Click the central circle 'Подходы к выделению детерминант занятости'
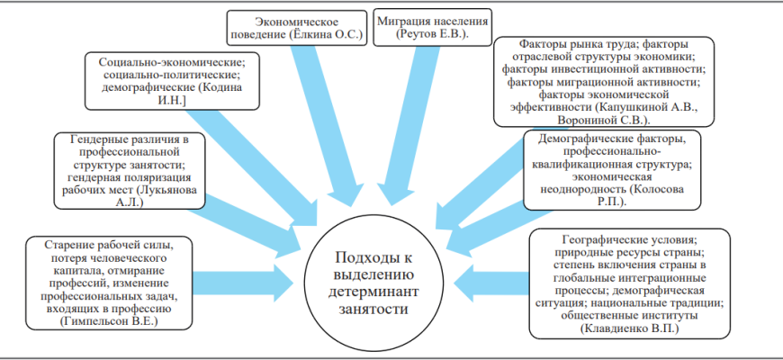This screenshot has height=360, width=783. (x=376, y=284)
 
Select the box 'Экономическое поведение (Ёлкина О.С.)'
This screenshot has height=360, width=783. (x=297, y=29)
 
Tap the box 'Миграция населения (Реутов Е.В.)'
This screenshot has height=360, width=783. (x=432, y=27)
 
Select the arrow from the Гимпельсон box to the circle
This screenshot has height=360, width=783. (x=243, y=283)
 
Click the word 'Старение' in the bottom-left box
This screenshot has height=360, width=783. (x=65, y=245)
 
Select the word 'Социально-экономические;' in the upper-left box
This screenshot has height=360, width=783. (x=172, y=63)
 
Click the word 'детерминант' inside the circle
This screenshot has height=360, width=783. (x=376, y=292)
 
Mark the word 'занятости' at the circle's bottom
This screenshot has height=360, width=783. (x=376, y=309)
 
